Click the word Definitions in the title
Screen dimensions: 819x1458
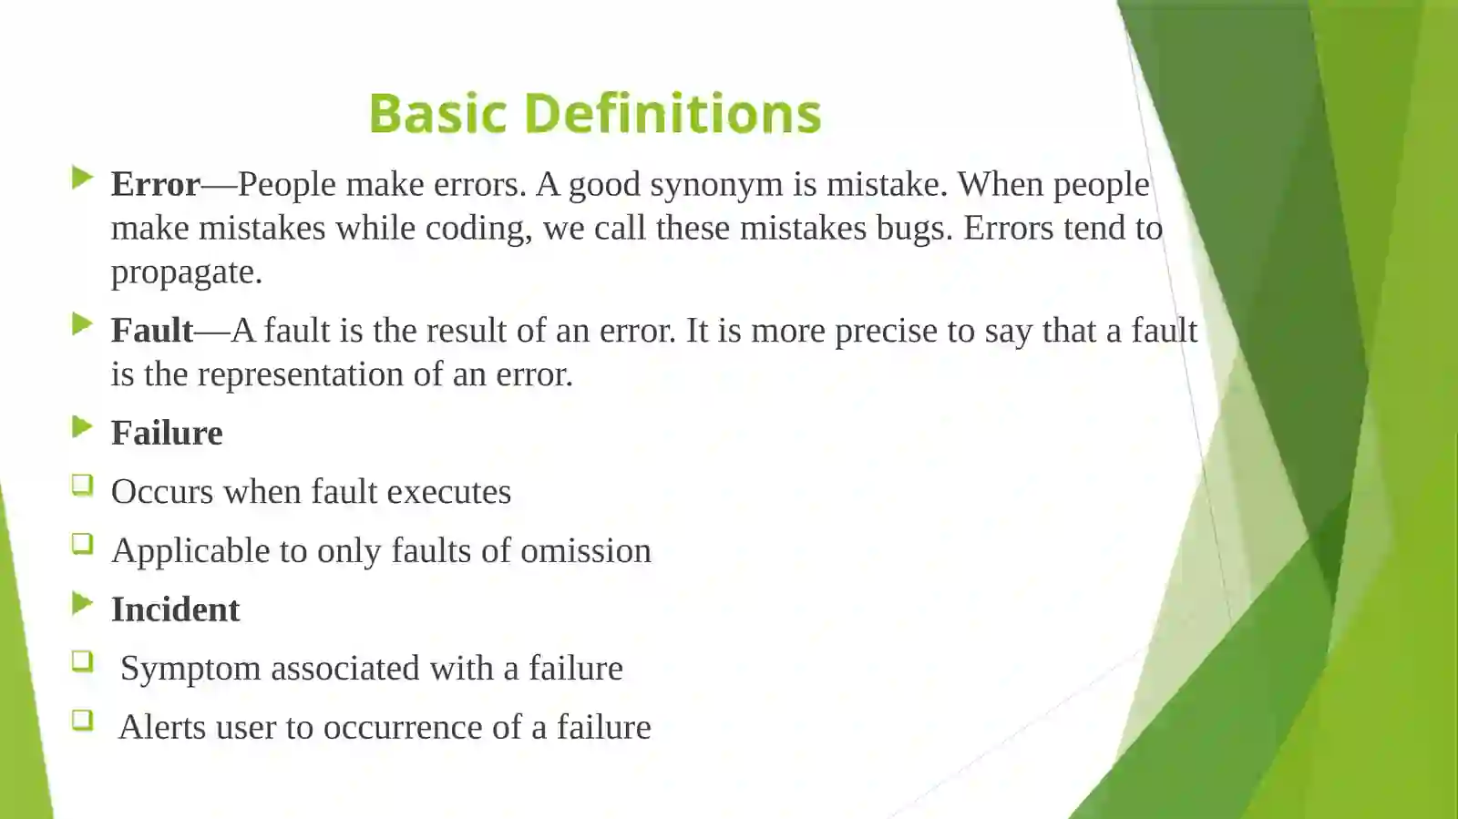[x=673, y=114]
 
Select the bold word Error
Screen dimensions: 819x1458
[x=155, y=184]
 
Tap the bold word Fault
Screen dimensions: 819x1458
[x=152, y=331]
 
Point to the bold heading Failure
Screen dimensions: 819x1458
[x=167, y=434]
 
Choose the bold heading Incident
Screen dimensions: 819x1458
[x=175, y=609]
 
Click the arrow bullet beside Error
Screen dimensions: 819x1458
[x=82, y=178]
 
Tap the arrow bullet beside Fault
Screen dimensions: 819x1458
[x=82, y=324]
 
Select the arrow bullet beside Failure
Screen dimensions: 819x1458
[x=82, y=426]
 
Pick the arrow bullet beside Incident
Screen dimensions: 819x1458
[x=82, y=603]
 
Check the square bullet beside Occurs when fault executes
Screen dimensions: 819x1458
[x=82, y=486]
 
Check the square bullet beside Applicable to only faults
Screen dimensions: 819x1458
[x=82, y=545]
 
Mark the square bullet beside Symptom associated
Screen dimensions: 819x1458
[x=82, y=662]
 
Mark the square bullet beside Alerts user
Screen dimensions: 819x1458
[x=82, y=721]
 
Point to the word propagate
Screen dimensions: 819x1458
[x=186, y=272]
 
